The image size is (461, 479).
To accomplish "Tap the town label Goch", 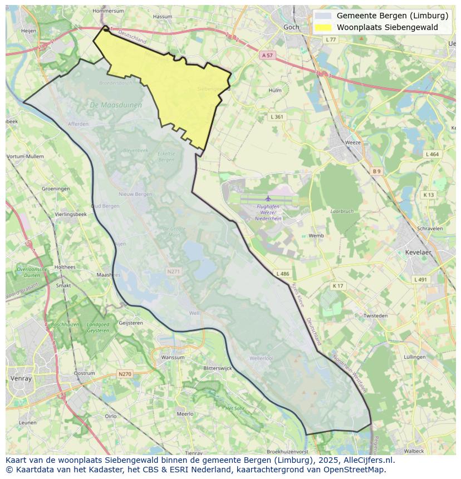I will pos(291,27).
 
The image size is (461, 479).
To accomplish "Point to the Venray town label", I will pos(21,378).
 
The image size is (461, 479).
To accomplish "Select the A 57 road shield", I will pos(267,55).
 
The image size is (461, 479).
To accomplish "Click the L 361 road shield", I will pos(277,117).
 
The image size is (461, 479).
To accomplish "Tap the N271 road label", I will pos(173,271).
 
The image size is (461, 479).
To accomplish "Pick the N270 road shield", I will pos(125,374).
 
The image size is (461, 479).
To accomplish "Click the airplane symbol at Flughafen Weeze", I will pos(268,198).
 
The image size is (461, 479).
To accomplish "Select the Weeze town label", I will pos(353,142).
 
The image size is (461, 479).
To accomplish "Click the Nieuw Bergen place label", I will pos(135,194).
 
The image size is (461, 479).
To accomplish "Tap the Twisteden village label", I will pos(375,315).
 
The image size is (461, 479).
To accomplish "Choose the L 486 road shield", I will pos(282,274).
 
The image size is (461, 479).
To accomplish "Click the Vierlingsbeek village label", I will pos(71,214).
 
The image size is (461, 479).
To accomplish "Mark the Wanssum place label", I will pos(172,357).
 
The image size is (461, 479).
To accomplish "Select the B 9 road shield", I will pos(377,171).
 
